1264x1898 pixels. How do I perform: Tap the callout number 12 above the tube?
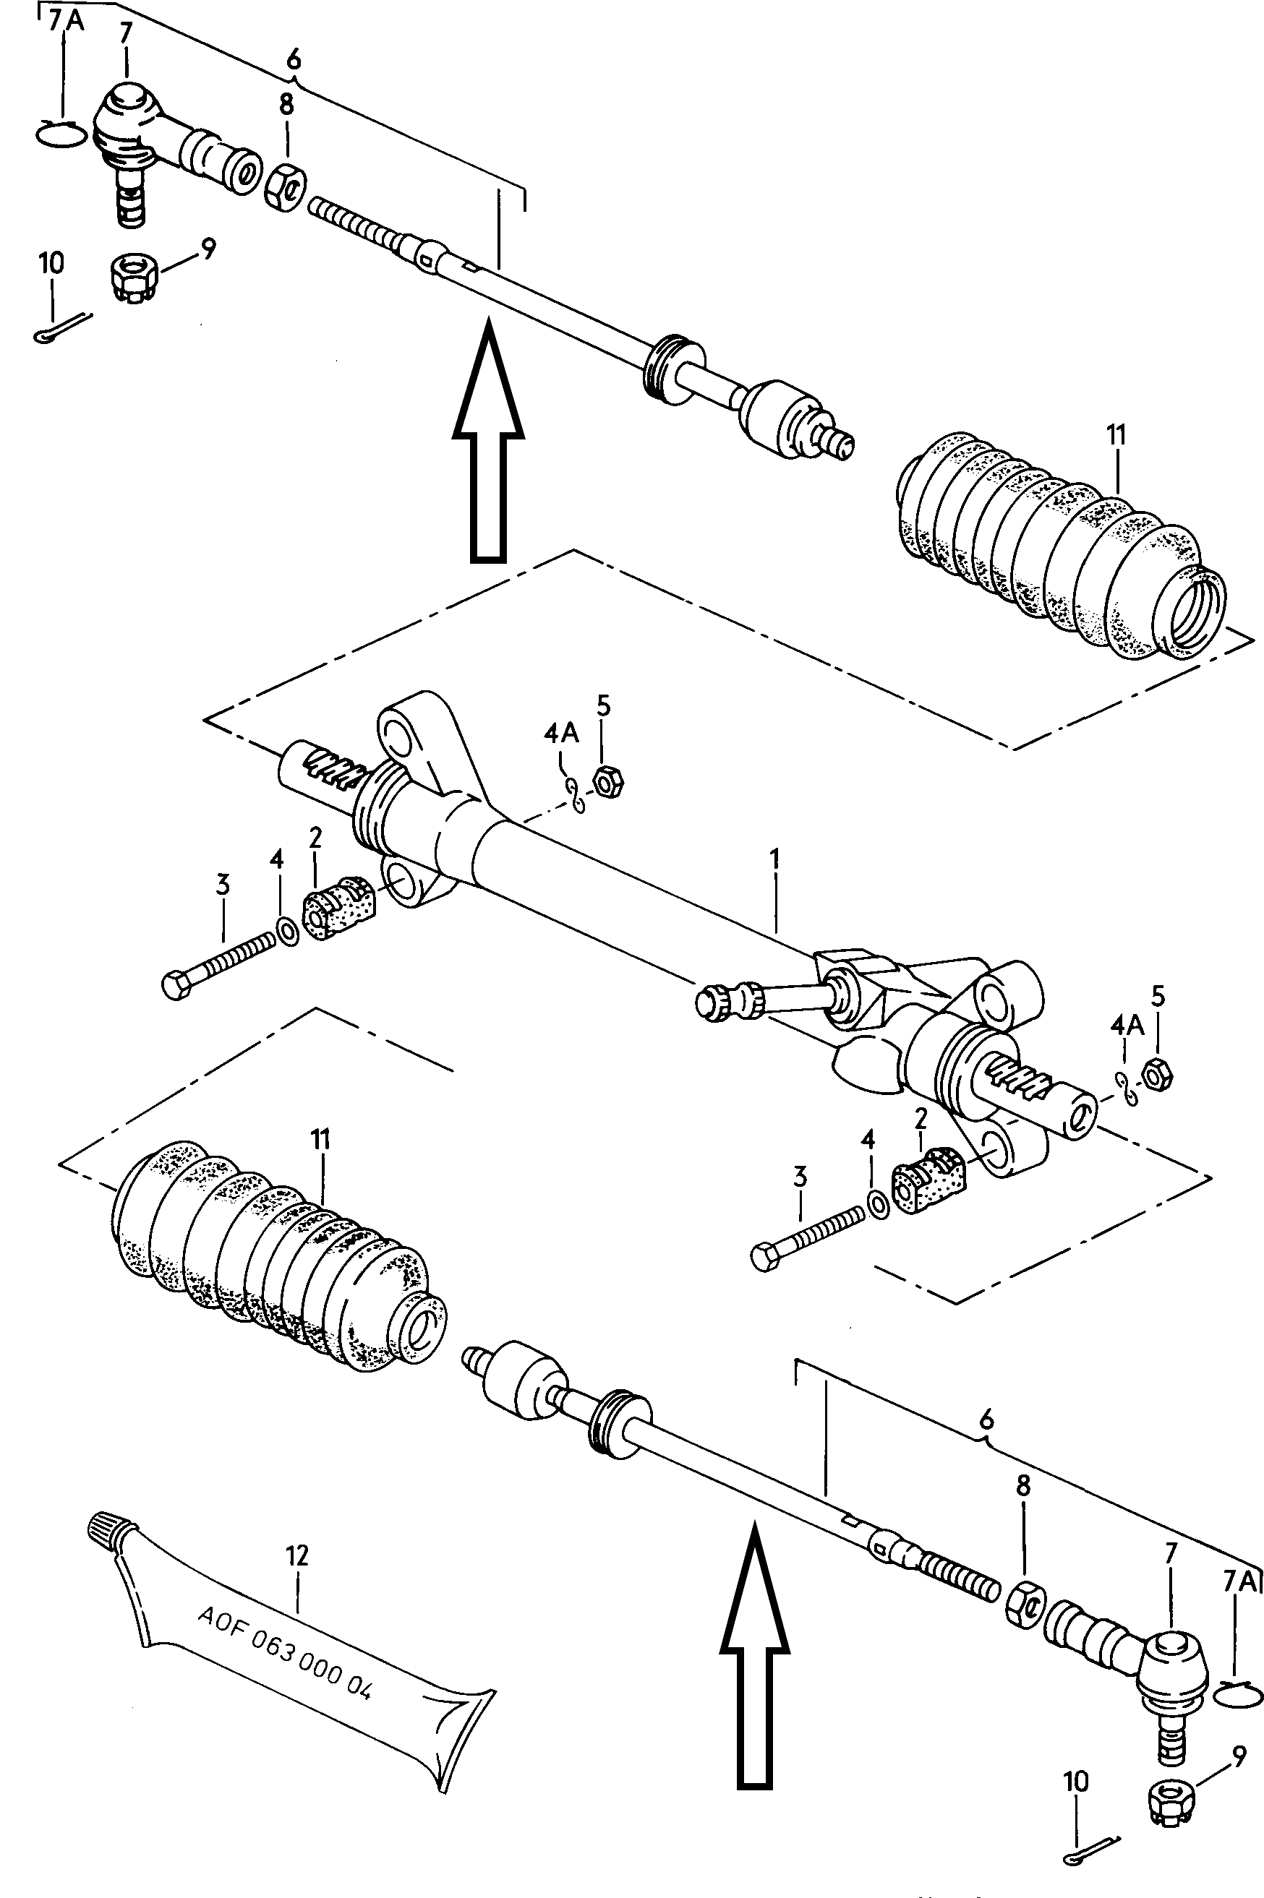[296, 1555]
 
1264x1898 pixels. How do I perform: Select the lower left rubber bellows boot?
[276, 1254]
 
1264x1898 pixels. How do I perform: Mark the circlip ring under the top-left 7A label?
[61, 133]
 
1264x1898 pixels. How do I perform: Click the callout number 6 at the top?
[294, 59]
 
